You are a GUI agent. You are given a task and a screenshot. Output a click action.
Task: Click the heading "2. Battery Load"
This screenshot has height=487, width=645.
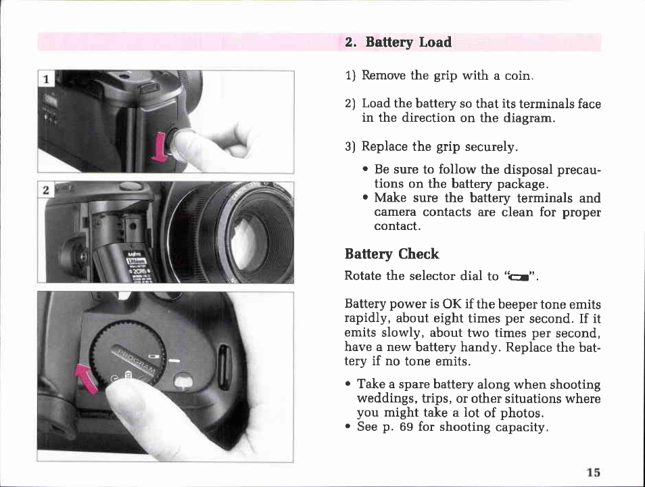point(398,42)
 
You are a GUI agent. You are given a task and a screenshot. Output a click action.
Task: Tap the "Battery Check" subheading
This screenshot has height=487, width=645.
point(391,254)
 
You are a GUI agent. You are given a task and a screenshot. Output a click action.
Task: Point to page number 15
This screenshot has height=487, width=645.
point(594,472)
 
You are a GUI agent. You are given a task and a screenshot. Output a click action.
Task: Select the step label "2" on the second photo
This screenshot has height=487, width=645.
point(46,190)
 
